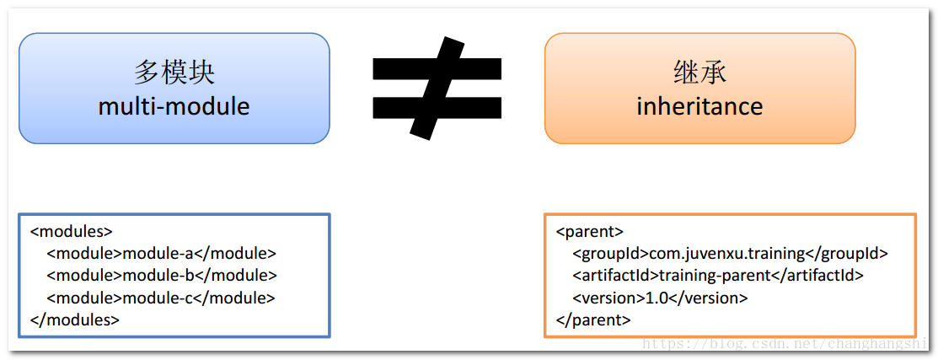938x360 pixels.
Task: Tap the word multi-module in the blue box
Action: [x=174, y=107]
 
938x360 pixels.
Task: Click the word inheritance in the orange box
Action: [x=699, y=107]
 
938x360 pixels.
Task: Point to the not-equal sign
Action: [x=437, y=88]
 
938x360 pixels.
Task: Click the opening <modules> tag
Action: [x=71, y=231]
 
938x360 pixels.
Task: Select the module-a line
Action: [x=162, y=254]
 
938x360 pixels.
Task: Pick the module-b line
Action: [x=162, y=276]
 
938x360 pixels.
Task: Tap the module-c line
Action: [x=161, y=298]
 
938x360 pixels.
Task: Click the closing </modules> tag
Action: [x=75, y=320]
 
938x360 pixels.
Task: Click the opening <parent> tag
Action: [x=590, y=231]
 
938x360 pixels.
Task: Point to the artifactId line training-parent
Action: [x=718, y=276]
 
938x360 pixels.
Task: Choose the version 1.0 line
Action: [x=660, y=298]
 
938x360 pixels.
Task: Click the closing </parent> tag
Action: [x=593, y=320]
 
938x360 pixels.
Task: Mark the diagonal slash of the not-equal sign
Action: [x=437, y=88]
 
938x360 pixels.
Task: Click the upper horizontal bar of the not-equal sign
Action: [x=437, y=68]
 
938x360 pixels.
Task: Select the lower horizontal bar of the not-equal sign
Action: [x=437, y=108]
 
